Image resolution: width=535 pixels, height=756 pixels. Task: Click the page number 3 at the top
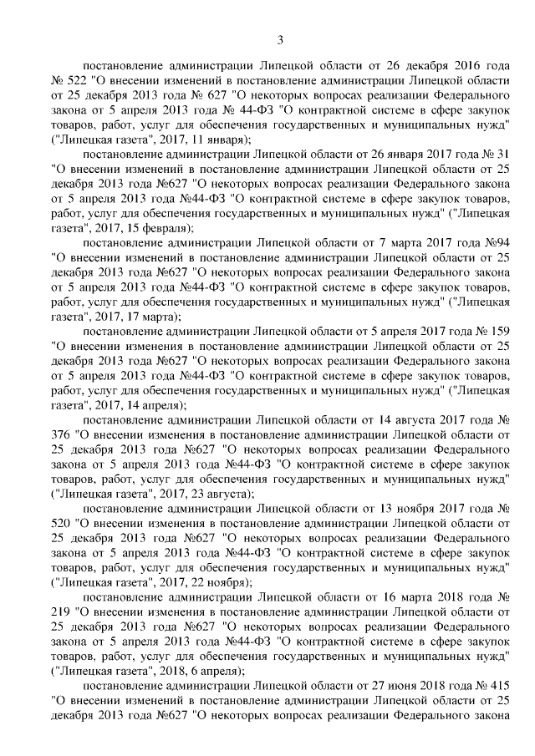(x=281, y=39)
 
